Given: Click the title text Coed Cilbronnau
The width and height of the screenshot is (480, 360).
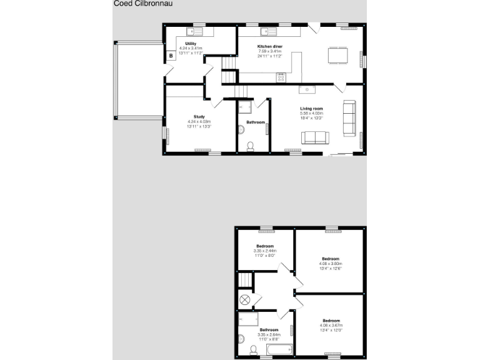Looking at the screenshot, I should pyautogui.click(x=143, y=3).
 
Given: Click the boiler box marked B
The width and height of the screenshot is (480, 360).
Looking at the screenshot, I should pyautogui.click(x=171, y=56).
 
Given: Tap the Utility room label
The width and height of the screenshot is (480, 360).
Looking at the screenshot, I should pyautogui.click(x=191, y=44).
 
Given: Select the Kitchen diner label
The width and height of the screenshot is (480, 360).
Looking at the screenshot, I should pyautogui.click(x=270, y=47).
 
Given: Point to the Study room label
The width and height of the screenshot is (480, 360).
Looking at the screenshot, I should pyautogui.click(x=199, y=117).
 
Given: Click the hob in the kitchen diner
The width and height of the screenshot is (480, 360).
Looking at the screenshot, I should pyautogui.click(x=281, y=77).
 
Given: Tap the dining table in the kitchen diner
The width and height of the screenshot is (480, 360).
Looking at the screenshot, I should pyautogui.click(x=337, y=56).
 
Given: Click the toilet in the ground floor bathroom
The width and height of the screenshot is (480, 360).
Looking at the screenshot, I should pyautogui.click(x=250, y=146).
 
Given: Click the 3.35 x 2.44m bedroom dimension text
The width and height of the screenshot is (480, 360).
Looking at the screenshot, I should pyautogui.click(x=265, y=251).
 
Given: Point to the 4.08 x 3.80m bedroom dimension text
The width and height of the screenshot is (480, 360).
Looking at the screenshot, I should pyautogui.click(x=331, y=264).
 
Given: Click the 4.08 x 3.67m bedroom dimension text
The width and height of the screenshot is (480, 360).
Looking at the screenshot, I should pyautogui.click(x=331, y=326).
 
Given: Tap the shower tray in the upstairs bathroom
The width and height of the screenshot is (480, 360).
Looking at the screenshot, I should pyautogui.click(x=249, y=320).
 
